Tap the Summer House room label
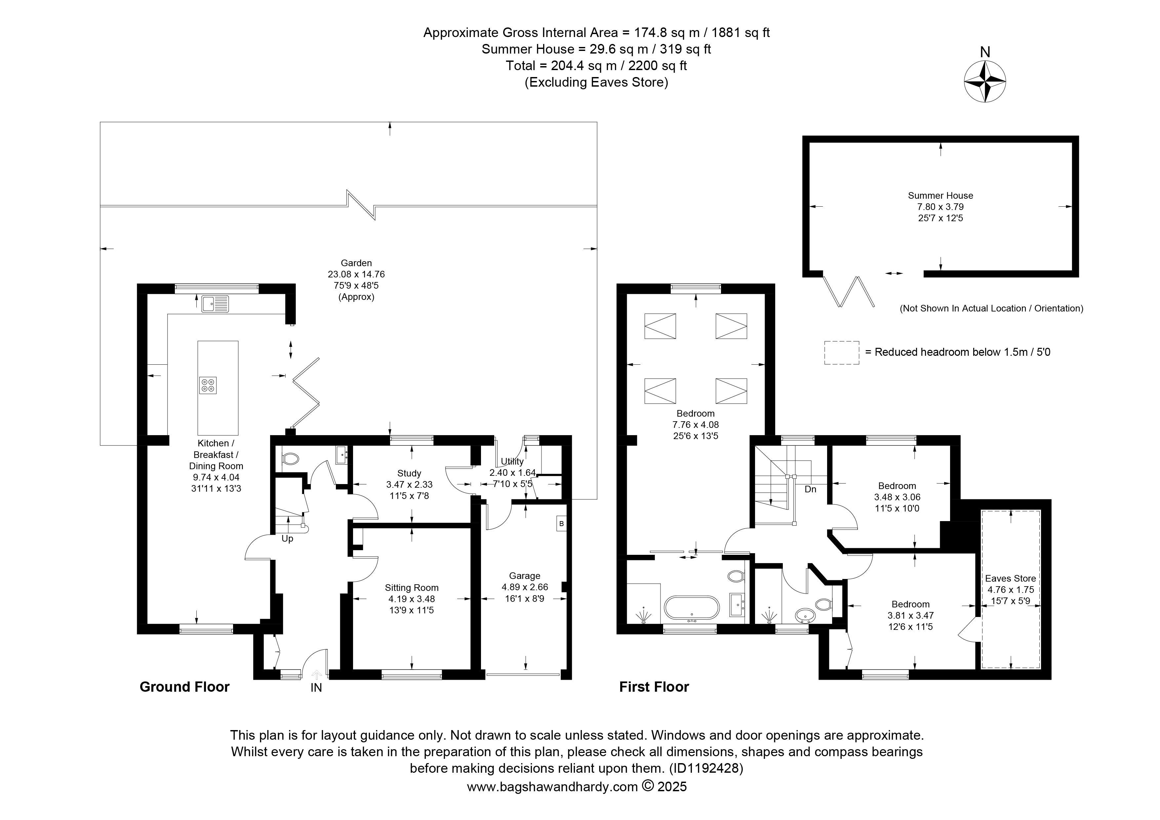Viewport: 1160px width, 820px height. (x=940, y=195)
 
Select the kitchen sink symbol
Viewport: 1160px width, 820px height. (x=215, y=304)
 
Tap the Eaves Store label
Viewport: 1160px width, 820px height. (x=1011, y=579)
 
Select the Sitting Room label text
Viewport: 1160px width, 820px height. (x=412, y=588)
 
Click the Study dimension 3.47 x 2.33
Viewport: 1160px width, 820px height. (x=409, y=484)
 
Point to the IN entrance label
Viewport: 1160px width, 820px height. (x=316, y=688)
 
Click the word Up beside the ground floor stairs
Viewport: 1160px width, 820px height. (x=288, y=539)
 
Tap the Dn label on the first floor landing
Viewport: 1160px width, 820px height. (x=810, y=489)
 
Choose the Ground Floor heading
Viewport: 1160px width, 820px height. (x=184, y=687)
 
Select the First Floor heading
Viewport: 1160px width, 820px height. (x=654, y=687)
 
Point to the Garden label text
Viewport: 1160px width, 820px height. (x=356, y=263)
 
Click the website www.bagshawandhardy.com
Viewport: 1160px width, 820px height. (x=552, y=787)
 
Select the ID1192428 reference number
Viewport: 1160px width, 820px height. (x=706, y=768)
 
